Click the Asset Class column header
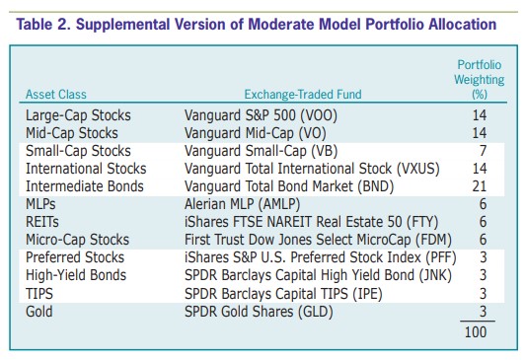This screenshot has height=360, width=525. click(56, 95)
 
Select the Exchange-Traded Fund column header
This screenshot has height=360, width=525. click(303, 95)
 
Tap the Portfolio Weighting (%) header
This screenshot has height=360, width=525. click(480, 80)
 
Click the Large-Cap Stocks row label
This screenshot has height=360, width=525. click(78, 115)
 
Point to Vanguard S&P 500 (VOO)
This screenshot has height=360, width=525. click(261, 115)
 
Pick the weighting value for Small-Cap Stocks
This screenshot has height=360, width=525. click(483, 151)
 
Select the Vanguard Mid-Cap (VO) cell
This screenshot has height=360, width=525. click(256, 133)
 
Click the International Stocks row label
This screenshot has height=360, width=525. click(86, 169)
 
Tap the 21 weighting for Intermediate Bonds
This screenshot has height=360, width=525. click(480, 186)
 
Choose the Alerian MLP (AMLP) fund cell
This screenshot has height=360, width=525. click(243, 204)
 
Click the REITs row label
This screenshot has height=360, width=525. click(42, 222)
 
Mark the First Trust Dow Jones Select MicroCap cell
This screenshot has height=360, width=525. click(318, 240)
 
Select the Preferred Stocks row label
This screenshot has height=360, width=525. click(75, 257)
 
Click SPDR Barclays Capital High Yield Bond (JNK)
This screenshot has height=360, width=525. click(318, 275)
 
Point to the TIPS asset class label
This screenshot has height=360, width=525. click(39, 294)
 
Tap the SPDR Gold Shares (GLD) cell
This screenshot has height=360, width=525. click(259, 312)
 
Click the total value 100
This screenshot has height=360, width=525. click(476, 332)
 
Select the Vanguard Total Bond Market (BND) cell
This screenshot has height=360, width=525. click(289, 186)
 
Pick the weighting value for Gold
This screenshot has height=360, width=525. click(483, 312)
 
